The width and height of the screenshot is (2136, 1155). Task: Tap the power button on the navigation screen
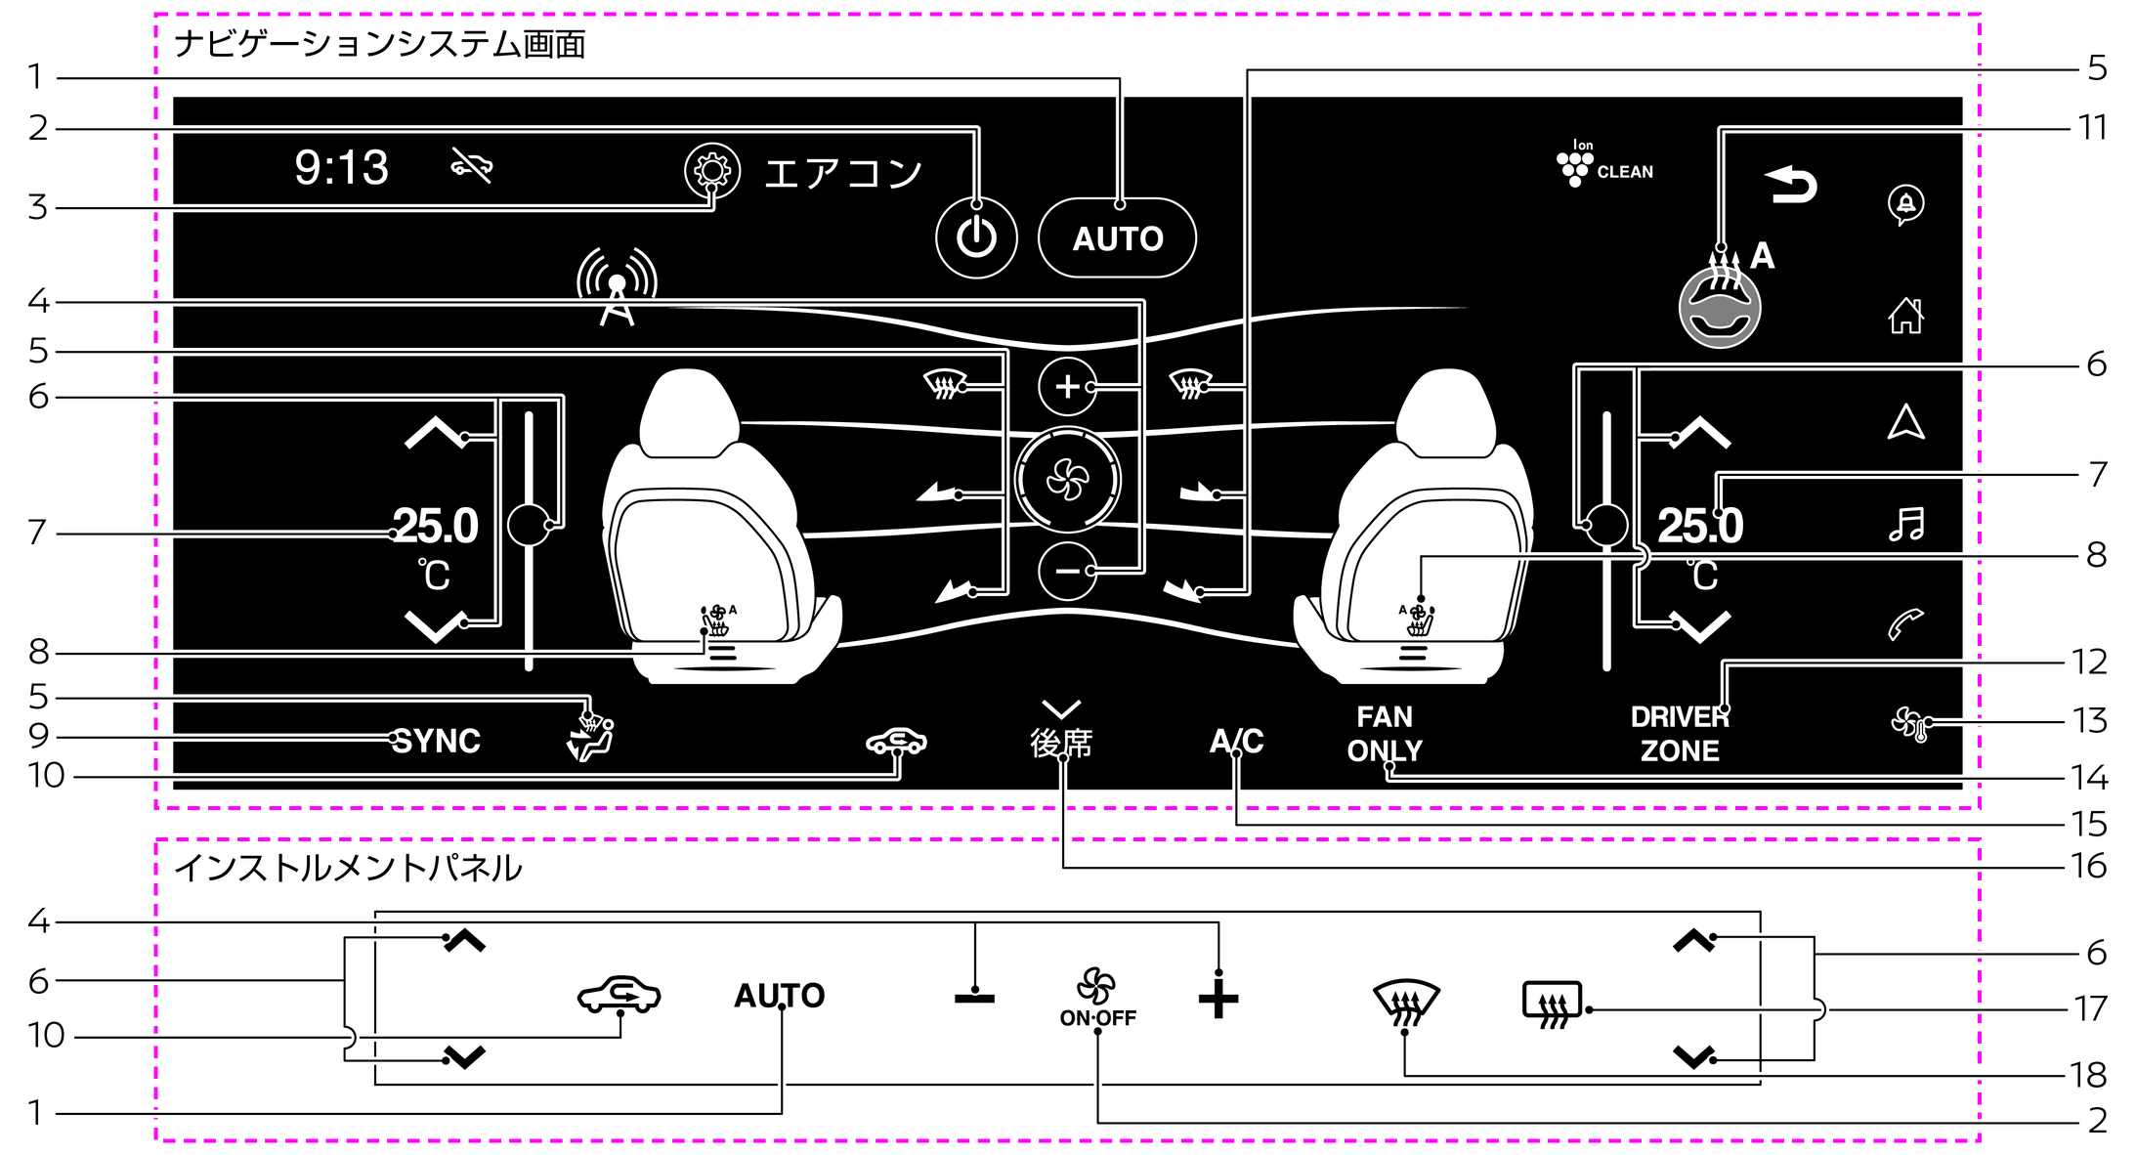[x=976, y=237]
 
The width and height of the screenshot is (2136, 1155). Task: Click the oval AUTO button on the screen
[x=1117, y=238]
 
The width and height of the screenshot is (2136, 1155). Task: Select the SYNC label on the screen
[x=436, y=741]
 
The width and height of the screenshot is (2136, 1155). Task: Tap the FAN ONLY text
[x=1385, y=734]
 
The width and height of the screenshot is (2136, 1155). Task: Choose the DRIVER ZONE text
[x=1680, y=734]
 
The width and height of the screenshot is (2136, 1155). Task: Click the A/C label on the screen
[x=1236, y=741]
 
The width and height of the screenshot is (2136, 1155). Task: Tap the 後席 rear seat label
[x=1061, y=743]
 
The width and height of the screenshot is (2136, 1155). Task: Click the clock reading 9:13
[x=341, y=167]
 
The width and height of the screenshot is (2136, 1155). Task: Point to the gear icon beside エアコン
[x=711, y=171]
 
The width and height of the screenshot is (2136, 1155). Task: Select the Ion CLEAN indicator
[x=1602, y=164]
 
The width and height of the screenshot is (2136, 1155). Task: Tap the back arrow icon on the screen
[x=1791, y=184]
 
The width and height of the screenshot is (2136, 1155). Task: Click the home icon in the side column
[x=1905, y=315]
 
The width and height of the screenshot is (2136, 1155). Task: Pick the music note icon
[x=1905, y=524]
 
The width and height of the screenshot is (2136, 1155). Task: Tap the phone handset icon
[x=1905, y=623]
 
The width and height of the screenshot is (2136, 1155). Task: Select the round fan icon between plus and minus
[x=1067, y=480]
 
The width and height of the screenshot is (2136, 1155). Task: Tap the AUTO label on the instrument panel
[x=779, y=996]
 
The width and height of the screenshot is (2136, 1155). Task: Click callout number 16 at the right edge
[x=2089, y=866]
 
